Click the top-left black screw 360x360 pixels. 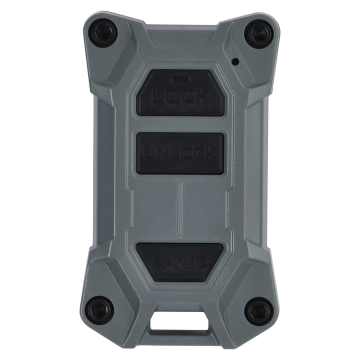pyautogui.click(x=102, y=32)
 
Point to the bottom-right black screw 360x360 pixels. pyautogui.click(x=259, y=308)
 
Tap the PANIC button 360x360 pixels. pyautogui.click(x=180, y=259)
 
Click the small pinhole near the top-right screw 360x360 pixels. pyautogui.click(x=234, y=62)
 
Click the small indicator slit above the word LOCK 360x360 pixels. pyautogui.click(x=178, y=79)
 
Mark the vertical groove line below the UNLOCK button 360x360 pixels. pyautogui.click(x=180, y=205)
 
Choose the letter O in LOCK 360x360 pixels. pyautogui.click(x=169, y=96)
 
